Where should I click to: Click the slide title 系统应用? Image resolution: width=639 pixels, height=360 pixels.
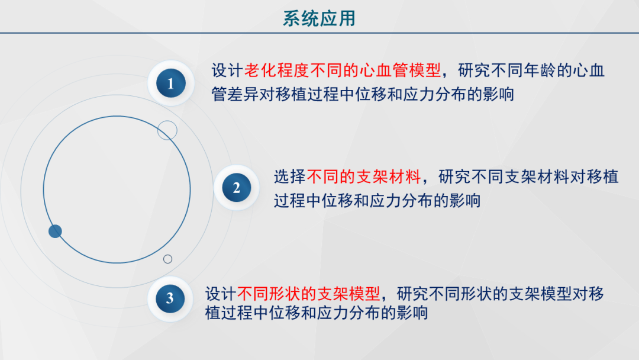pyautogui.click(x=319, y=18)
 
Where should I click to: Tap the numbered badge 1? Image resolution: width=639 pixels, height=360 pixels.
pyautogui.click(x=171, y=83)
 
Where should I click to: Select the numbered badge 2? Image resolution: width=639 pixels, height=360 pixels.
pyautogui.click(x=236, y=188)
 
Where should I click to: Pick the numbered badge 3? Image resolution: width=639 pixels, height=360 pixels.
pyautogui.click(x=170, y=298)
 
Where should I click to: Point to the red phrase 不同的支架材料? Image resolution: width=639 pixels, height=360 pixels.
pyautogui.click(x=364, y=176)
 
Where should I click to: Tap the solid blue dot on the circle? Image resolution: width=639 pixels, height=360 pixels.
pyautogui.click(x=55, y=232)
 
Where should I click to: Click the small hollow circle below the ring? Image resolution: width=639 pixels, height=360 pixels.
pyautogui.click(x=167, y=259)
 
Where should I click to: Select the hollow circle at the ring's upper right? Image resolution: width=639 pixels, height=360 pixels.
pyautogui.click(x=167, y=130)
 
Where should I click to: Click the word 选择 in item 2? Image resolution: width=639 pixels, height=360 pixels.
pyautogui.click(x=289, y=176)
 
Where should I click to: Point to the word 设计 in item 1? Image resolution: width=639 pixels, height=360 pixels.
pyautogui.click(x=227, y=70)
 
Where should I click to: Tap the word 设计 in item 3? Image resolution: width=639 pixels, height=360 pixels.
pyautogui.click(x=221, y=294)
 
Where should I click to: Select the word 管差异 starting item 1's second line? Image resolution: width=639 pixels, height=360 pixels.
pyautogui.click(x=235, y=94)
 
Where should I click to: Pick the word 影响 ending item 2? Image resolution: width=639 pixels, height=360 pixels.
pyautogui.click(x=465, y=200)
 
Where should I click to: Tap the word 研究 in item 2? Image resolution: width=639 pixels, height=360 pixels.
pyautogui.click(x=454, y=176)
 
